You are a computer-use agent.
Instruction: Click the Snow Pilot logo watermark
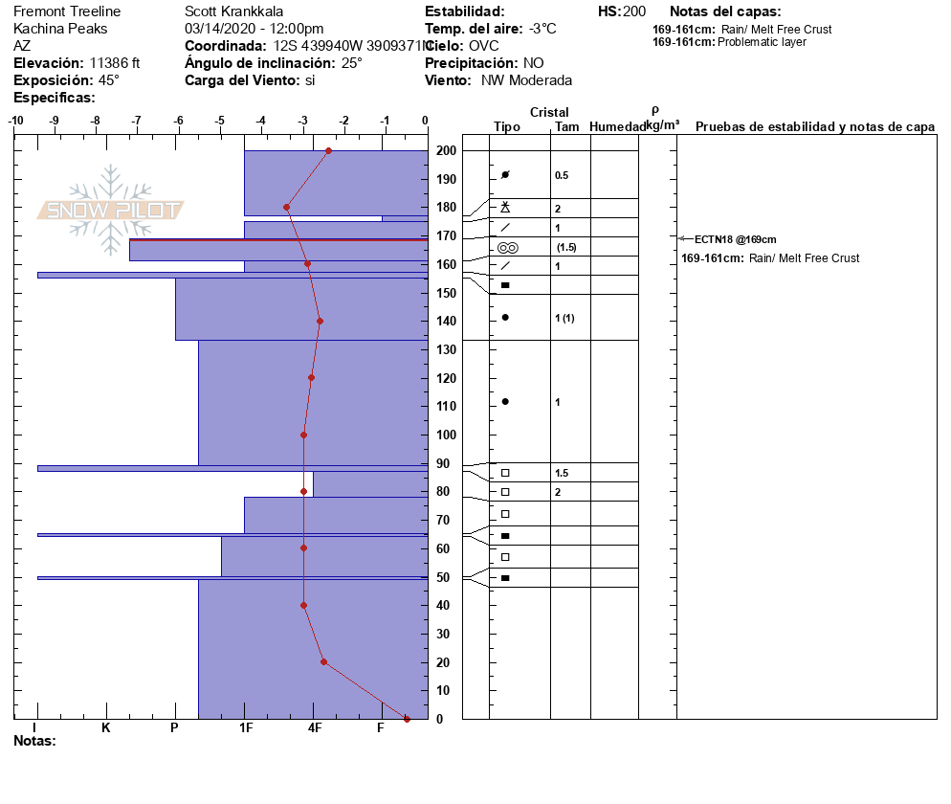click(112, 210)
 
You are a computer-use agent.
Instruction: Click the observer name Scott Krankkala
click(232, 11)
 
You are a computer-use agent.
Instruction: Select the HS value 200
click(634, 11)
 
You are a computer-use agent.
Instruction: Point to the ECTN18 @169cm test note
click(735, 239)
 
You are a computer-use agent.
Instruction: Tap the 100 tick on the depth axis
click(446, 435)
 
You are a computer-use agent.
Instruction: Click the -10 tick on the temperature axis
click(15, 121)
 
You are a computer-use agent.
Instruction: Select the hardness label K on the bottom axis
click(106, 728)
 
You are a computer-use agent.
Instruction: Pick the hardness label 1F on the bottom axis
click(245, 728)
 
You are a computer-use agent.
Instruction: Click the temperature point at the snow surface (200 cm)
click(328, 150)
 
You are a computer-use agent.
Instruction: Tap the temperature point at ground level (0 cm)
click(407, 719)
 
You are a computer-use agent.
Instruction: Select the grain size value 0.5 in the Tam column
click(562, 175)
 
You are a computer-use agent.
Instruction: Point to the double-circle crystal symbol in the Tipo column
click(506, 247)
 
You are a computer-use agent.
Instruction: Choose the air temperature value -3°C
click(542, 29)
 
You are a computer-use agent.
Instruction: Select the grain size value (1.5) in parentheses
click(566, 248)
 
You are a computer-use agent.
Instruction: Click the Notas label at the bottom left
click(34, 741)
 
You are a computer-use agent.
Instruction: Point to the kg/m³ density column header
click(662, 125)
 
